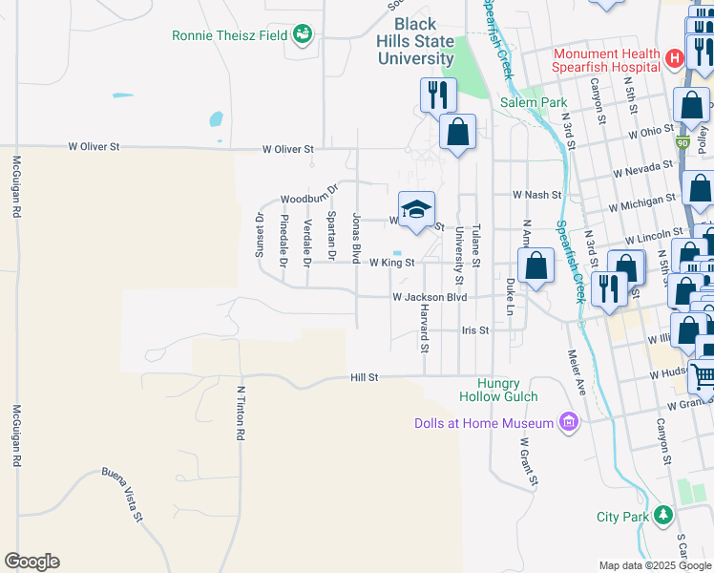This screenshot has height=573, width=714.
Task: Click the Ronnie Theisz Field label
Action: tap(229, 35)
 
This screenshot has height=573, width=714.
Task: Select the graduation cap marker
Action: tap(416, 209)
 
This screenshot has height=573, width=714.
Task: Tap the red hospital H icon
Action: tap(675, 59)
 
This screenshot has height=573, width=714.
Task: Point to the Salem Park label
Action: tap(534, 102)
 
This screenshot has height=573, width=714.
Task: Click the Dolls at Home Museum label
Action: tap(484, 423)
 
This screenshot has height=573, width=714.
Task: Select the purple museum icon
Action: tap(569, 422)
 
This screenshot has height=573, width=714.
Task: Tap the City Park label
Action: tap(621, 517)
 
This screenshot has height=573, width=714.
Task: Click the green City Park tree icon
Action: tap(662, 516)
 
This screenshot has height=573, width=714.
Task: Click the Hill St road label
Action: tap(365, 377)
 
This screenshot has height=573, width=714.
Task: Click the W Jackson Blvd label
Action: tap(430, 297)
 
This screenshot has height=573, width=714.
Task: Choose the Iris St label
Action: tap(474, 329)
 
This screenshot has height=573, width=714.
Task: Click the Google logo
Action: tap(31, 562)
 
